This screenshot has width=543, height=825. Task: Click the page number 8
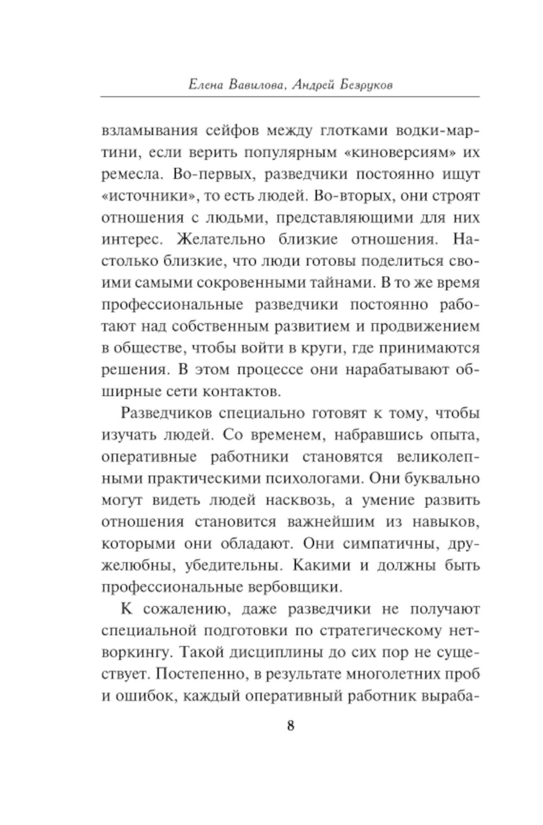pos(291,726)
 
